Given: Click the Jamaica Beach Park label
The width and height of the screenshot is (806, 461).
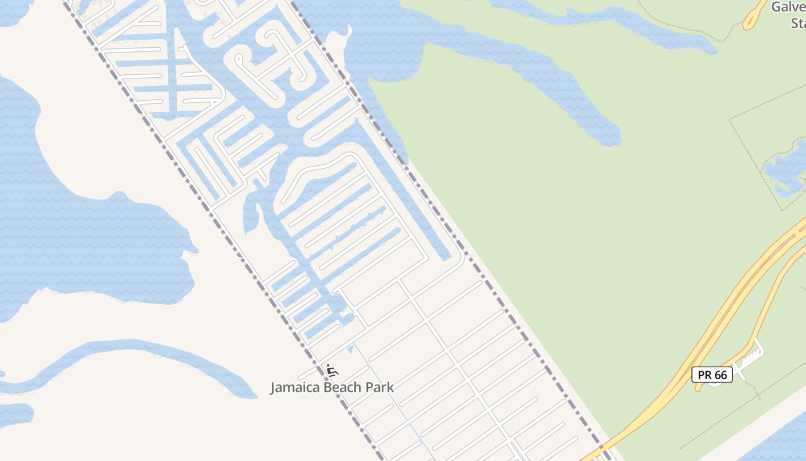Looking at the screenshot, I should tap(332, 387).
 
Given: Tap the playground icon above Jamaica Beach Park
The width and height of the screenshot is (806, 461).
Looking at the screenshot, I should tap(331, 369).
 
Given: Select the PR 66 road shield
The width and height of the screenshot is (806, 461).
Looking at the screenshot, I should tap(712, 375).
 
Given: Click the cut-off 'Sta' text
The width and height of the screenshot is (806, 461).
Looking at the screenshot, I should tap(797, 23).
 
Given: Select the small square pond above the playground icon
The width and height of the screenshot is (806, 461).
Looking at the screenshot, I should tap(351, 349).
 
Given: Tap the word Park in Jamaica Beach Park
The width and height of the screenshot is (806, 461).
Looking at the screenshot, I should tap(378, 387).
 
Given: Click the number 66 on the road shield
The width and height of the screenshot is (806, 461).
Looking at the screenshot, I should tap(720, 375).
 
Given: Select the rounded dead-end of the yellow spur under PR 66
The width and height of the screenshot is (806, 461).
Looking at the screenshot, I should tap(698, 387).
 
